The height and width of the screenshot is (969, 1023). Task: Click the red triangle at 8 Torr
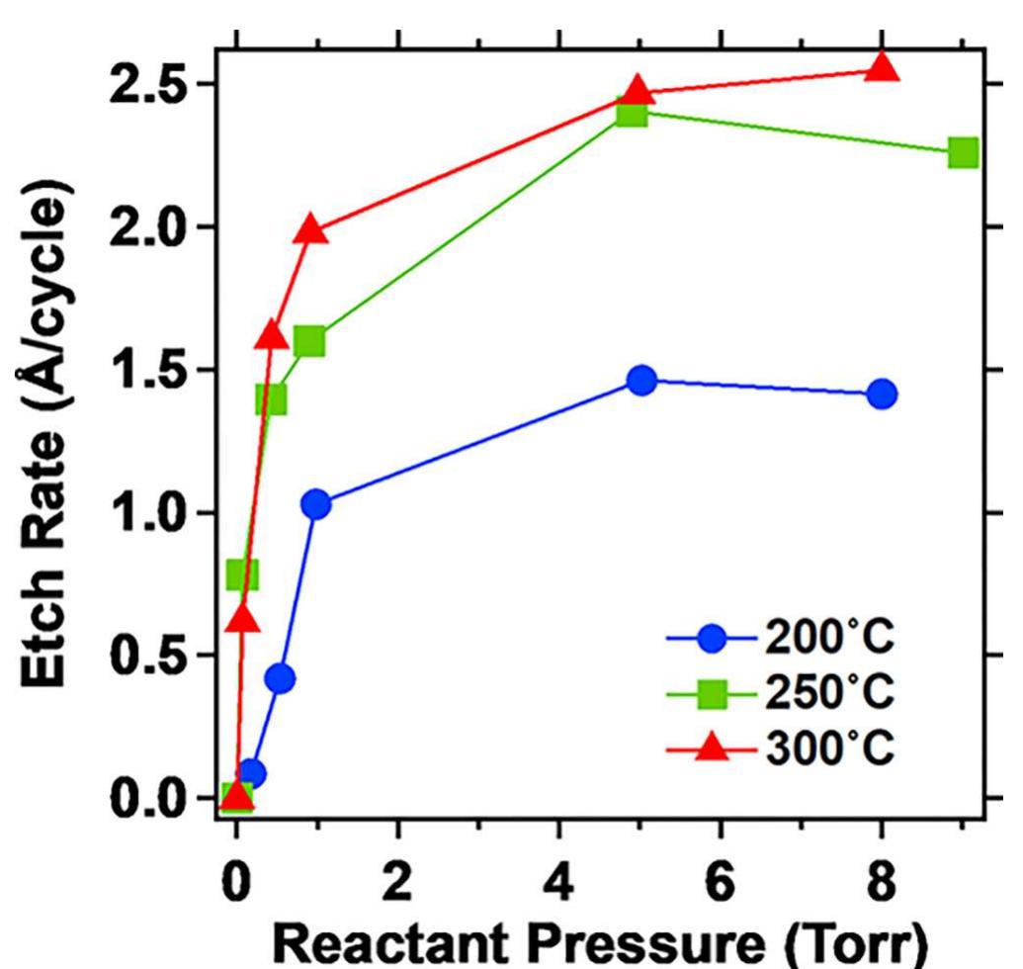click(883, 68)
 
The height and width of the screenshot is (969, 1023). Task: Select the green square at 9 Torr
click(963, 153)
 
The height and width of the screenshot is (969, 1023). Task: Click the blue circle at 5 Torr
click(641, 381)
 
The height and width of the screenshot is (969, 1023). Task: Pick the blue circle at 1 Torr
click(315, 504)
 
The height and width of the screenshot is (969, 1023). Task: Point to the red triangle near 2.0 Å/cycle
click(310, 229)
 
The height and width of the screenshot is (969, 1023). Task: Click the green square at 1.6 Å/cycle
click(309, 341)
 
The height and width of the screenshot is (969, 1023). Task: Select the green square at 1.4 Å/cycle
click(271, 399)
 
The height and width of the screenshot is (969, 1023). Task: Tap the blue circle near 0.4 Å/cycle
click(280, 678)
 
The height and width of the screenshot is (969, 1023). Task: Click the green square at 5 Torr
click(630, 113)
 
